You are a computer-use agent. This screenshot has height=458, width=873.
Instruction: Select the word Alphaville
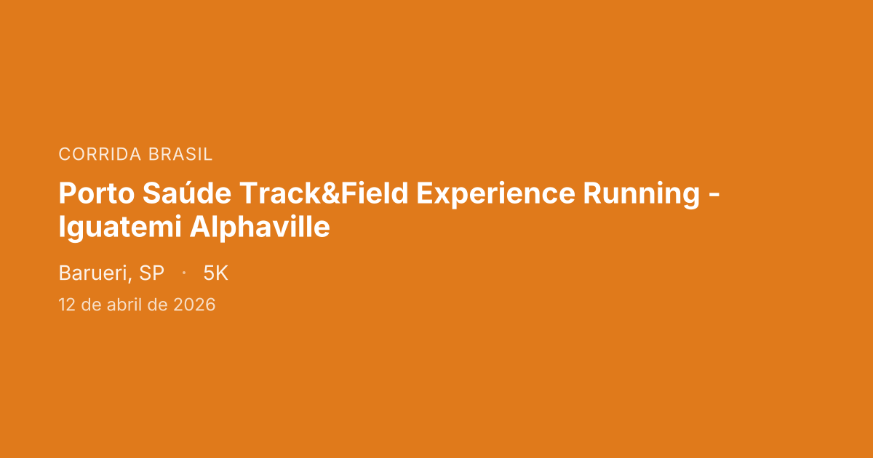260,228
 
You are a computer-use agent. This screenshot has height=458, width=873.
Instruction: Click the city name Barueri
92,273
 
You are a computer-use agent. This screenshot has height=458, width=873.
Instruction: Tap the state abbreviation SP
151,273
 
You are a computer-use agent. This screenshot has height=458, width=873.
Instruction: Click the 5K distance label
216,273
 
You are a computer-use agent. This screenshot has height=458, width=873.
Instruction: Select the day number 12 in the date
67,305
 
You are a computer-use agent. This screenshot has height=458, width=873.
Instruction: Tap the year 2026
194,305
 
